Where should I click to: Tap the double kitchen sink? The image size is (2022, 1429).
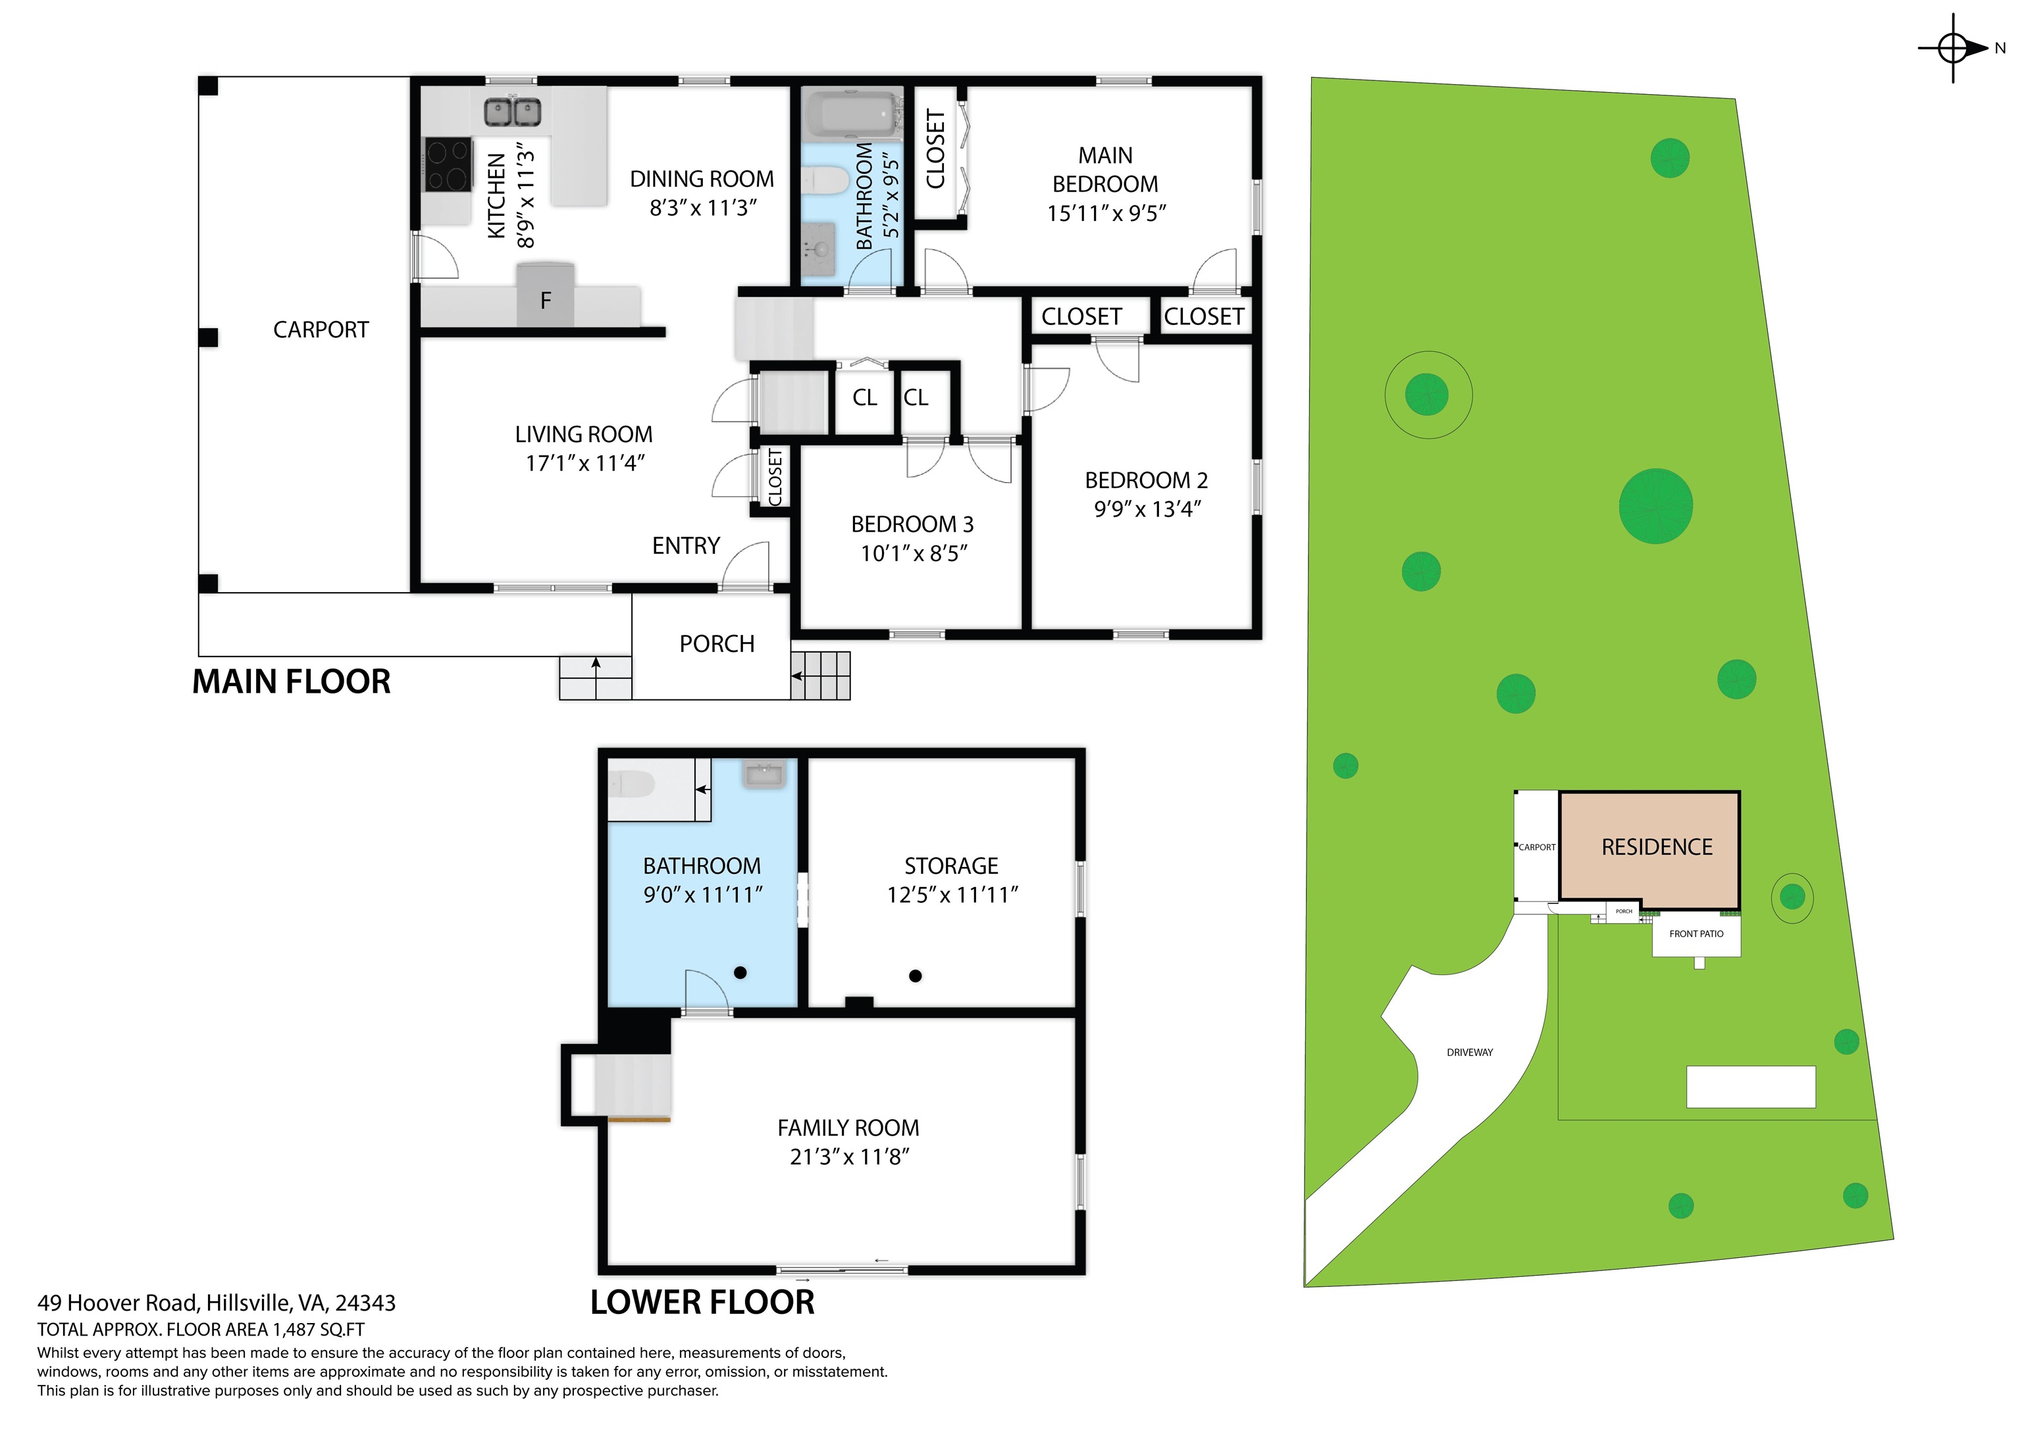point(513,112)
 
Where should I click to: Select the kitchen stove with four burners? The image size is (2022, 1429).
point(448,164)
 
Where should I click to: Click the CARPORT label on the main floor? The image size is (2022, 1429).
point(321,330)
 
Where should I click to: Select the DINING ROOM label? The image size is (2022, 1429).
point(702,179)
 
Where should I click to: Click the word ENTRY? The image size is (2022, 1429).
point(686,546)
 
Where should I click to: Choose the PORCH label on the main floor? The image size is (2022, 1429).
point(717,645)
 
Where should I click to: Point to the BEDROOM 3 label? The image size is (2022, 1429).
point(912,525)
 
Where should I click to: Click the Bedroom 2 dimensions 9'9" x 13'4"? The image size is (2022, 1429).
point(1147,509)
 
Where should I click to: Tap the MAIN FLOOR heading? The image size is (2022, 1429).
point(292,682)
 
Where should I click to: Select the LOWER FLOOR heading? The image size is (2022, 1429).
point(702,1302)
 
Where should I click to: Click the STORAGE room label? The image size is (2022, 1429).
point(951,866)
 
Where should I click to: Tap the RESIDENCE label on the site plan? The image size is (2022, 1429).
point(1657,847)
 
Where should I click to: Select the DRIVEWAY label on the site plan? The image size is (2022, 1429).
point(1470,1052)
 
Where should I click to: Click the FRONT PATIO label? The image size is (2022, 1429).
point(1696,934)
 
